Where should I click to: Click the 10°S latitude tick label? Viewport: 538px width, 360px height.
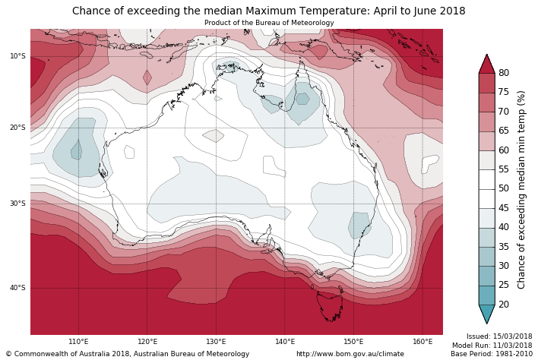click(17, 56)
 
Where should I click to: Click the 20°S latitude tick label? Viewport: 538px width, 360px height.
click(17, 128)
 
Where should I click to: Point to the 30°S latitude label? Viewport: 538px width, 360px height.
click(17, 204)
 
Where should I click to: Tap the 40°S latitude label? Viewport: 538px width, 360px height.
click(17, 288)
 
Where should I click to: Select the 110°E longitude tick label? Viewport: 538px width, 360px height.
click(78, 342)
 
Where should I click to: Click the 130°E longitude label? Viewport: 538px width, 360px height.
click(216, 342)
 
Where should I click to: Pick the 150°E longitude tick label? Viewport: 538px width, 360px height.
click(353, 342)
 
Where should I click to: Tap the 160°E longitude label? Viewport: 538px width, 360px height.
click(422, 342)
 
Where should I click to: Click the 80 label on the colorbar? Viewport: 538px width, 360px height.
click(503, 73)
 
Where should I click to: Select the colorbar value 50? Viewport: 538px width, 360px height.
click(503, 188)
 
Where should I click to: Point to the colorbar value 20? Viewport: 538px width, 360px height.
click(503, 305)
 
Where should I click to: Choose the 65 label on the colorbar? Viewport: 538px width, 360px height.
click(503, 131)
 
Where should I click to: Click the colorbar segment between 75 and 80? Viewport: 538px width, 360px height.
click(486, 83)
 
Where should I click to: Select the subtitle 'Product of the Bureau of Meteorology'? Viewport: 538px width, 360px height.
click(269, 23)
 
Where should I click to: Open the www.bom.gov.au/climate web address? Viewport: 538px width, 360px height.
click(350, 354)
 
